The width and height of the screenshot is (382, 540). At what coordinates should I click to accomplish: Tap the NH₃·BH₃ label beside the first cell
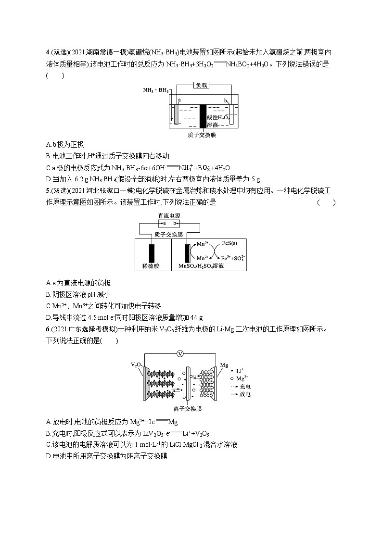pos(155,90)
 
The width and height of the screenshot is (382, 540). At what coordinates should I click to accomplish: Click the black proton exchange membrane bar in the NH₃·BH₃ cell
pos(203,115)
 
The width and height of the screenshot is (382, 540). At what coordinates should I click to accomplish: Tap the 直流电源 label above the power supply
pos(170,216)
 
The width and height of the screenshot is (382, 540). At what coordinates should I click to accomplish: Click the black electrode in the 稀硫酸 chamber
pos(152,253)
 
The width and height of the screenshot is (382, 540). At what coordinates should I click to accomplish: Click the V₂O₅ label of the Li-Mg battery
pos(136,365)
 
